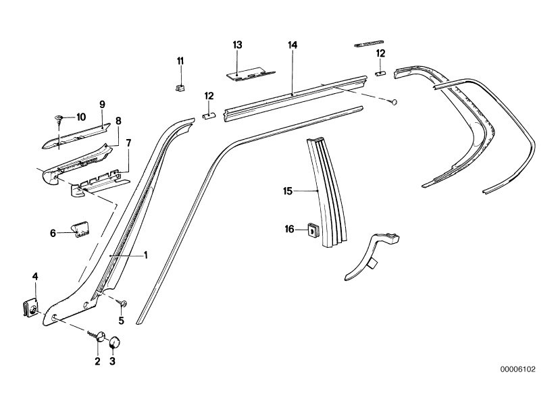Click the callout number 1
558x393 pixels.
[145, 255]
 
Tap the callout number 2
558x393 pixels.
[97, 362]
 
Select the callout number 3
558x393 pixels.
[113, 362]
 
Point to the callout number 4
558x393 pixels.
[35, 276]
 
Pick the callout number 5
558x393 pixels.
[122, 320]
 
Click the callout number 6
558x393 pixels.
[53, 233]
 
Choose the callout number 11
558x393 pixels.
[180, 61]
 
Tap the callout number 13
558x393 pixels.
[237, 45]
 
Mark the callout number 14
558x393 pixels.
[292, 45]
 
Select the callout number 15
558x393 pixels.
[287, 192]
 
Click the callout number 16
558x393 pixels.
[290, 230]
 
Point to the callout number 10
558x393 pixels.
[81, 117]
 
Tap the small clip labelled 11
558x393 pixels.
[180, 86]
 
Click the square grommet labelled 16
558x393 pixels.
[311, 231]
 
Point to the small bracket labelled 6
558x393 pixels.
[80, 230]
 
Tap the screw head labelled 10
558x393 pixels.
[59, 118]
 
